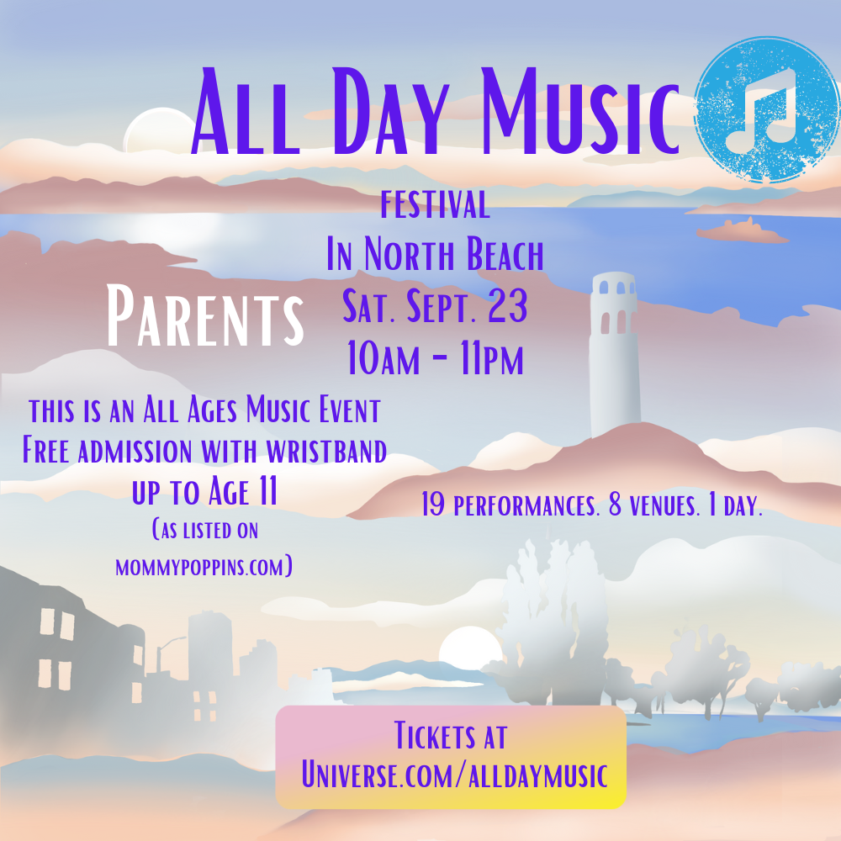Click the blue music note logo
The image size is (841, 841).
(766, 109)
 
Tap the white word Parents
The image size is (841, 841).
(205, 316)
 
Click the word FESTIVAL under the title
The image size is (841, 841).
(435, 204)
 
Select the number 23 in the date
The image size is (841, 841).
(507, 306)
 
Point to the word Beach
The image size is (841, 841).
(505, 254)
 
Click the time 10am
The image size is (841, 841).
(383, 357)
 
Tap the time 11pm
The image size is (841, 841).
(492, 357)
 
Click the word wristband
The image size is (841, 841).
(326, 452)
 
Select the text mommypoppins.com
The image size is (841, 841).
(204, 567)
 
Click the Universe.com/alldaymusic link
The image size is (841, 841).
(454, 775)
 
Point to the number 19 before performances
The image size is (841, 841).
(433, 505)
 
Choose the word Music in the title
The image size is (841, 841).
(580, 112)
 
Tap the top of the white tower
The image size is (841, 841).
(613, 275)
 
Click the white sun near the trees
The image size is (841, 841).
(470, 648)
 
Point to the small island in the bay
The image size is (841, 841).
(743, 230)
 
